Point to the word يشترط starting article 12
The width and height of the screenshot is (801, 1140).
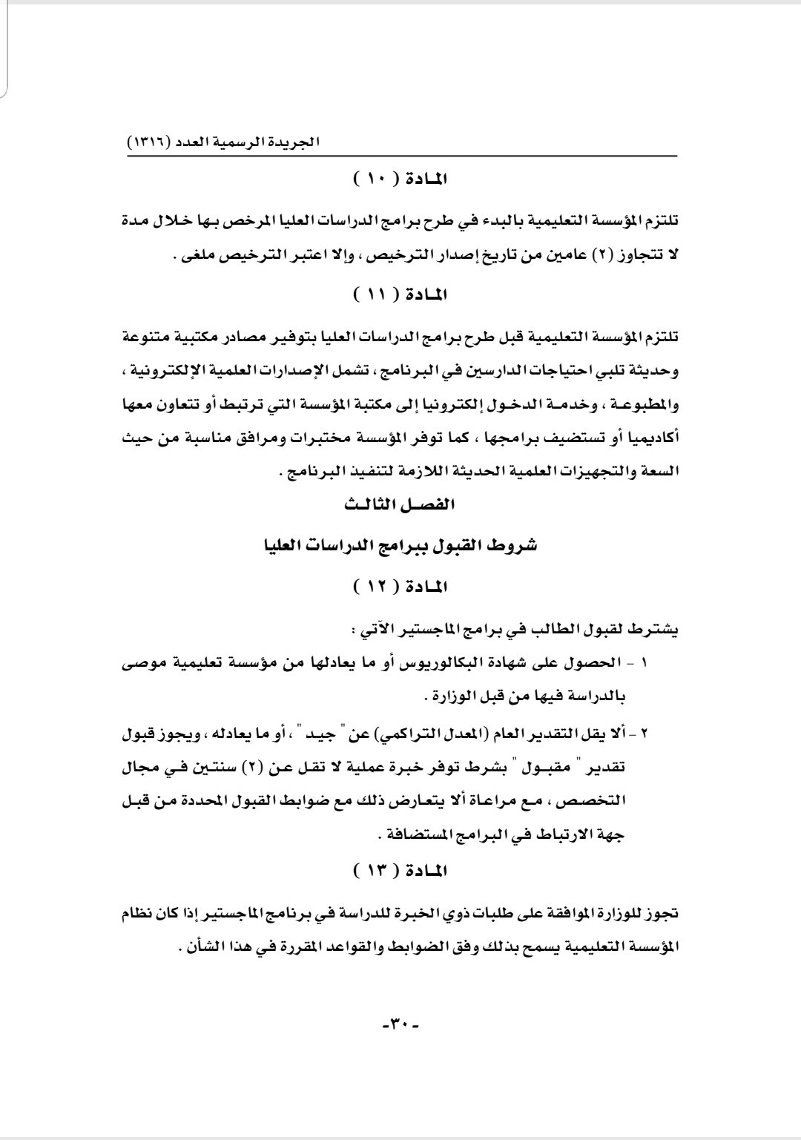point(659,630)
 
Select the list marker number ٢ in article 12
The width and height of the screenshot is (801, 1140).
point(644,736)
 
